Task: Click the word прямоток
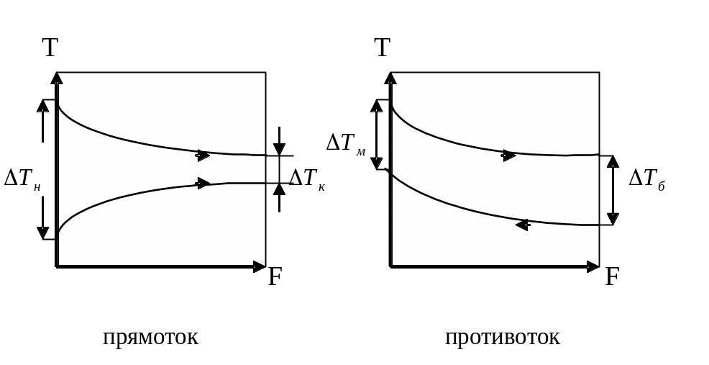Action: (150, 338)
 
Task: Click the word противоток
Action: (502, 338)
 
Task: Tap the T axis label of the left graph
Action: (50, 48)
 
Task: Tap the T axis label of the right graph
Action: (383, 48)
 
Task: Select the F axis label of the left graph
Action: (275, 277)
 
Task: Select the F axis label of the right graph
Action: (612, 277)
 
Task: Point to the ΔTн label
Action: (22, 178)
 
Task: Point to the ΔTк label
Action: (306, 178)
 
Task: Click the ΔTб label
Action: (646, 178)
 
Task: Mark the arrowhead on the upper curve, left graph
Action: (203, 155)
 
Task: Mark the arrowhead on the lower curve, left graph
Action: (203, 183)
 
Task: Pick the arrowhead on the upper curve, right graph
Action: (509, 155)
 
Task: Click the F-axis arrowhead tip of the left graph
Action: (264, 267)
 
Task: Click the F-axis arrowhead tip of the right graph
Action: (598, 267)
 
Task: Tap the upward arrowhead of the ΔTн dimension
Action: (43, 105)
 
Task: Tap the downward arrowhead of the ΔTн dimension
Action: (43, 233)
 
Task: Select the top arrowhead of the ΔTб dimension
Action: (613, 161)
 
